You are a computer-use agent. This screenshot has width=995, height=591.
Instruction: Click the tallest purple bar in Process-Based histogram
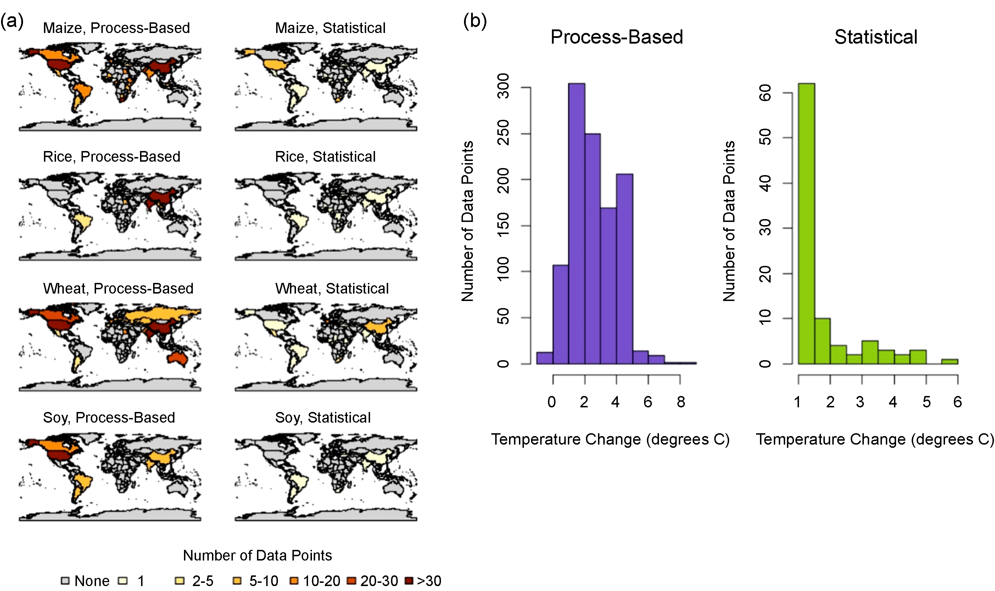[x=576, y=223]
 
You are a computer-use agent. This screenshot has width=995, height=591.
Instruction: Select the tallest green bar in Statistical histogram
[x=806, y=223]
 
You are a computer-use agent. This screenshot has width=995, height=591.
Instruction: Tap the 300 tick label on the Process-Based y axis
[x=503, y=86]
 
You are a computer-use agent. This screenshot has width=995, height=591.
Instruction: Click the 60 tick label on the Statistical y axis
[x=765, y=93]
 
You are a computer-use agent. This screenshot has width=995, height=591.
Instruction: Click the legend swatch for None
[x=65, y=581]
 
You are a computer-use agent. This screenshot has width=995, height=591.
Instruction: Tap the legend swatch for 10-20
[x=294, y=581]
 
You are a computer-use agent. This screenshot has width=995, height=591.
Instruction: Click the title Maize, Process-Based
[x=116, y=28]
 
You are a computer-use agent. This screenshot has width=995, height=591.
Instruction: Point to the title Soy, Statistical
[x=323, y=417]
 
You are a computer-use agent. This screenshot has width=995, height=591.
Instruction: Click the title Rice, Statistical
[x=325, y=156]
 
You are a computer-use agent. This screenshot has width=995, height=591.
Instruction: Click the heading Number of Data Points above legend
[x=257, y=555]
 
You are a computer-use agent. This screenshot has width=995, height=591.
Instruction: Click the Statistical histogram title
[x=876, y=37]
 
